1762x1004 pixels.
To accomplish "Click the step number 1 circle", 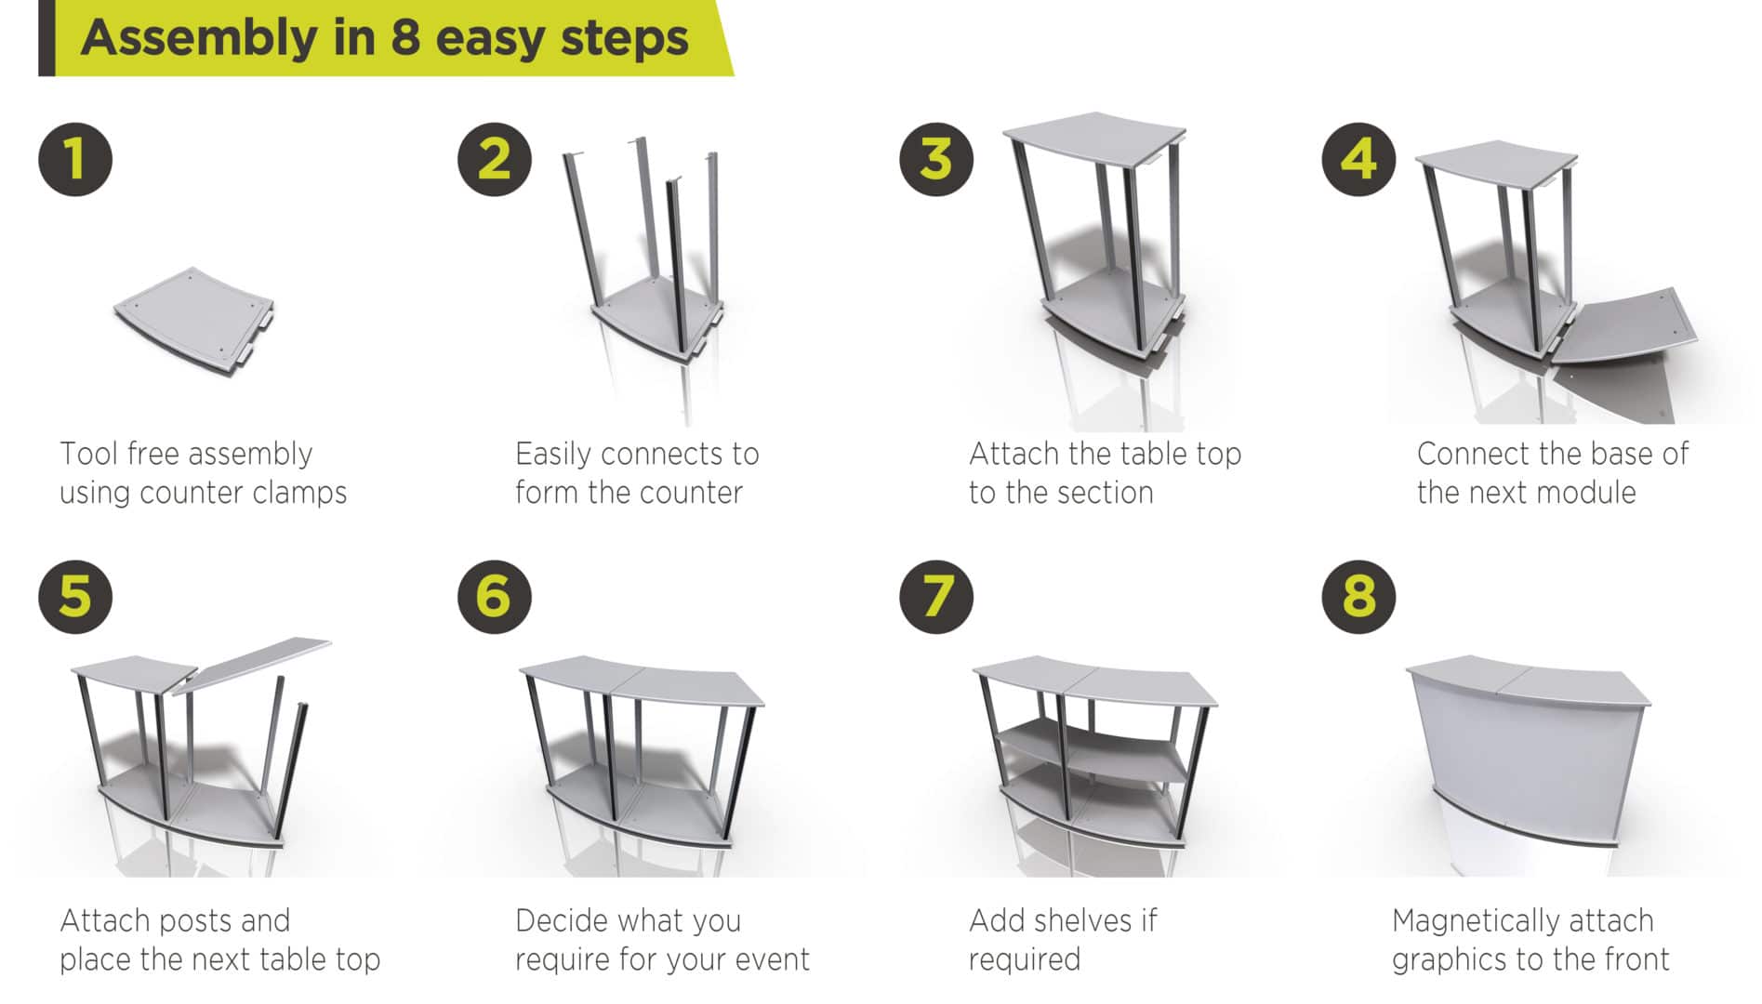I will click(x=75, y=159).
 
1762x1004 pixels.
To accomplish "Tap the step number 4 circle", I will click(x=1358, y=159).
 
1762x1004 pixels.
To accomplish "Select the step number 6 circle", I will click(x=494, y=596).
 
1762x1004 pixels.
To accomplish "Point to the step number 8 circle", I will click(x=1358, y=596).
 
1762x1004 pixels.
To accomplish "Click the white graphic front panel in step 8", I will click(x=1525, y=762).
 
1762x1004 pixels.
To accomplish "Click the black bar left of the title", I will click(x=46, y=38).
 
